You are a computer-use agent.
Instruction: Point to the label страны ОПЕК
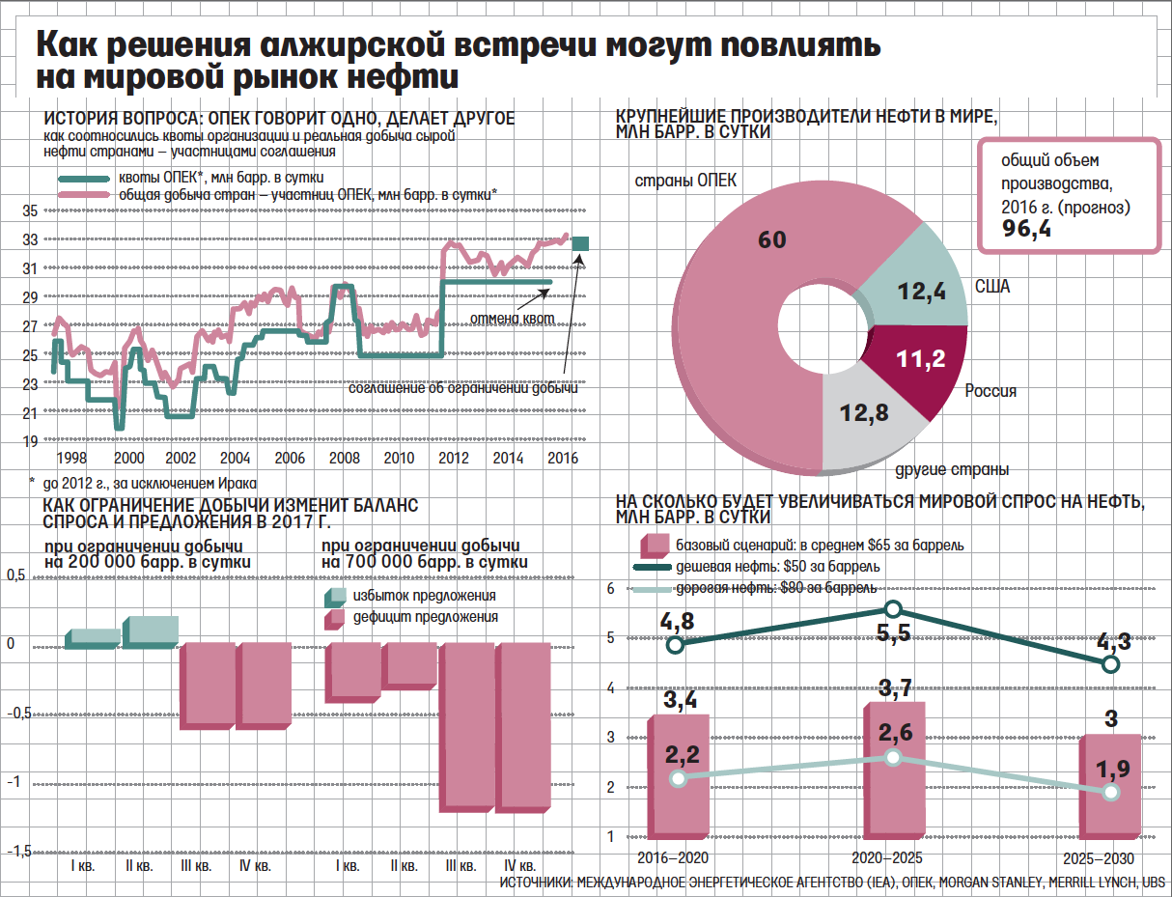685,182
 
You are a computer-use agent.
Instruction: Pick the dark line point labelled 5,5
893,608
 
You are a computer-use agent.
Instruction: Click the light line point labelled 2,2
678,778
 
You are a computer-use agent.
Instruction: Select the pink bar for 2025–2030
1110,787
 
